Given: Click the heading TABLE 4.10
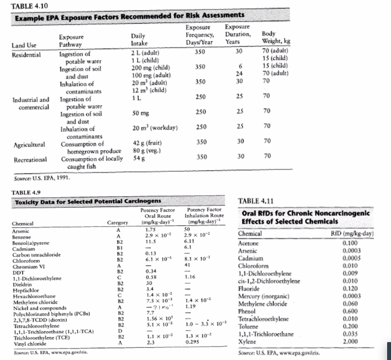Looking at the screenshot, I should tap(26, 6).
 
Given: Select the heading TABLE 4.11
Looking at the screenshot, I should tap(255, 201).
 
